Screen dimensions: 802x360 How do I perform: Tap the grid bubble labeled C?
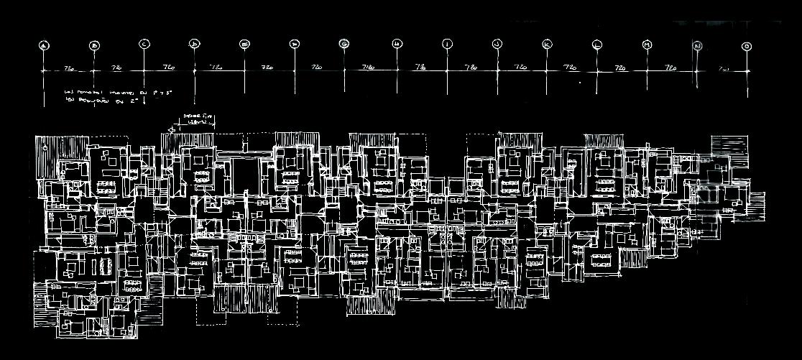tap(144, 45)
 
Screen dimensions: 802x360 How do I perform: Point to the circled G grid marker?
tap(345, 45)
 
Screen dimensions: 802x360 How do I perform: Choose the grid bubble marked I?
tap(447, 45)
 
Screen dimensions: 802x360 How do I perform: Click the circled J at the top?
tap(497, 45)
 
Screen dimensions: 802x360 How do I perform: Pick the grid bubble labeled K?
tap(547, 45)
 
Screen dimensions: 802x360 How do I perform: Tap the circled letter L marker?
tap(597, 45)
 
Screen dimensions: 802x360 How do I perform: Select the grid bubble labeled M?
tap(647, 45)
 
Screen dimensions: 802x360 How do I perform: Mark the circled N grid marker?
tap(697, 46)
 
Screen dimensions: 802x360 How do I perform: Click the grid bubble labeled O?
tap(747, 46)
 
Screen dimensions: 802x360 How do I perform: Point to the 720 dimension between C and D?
tap(169, 68)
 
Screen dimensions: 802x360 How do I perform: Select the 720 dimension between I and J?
tap(471, 68)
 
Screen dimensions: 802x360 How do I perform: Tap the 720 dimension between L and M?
tap(622, 68)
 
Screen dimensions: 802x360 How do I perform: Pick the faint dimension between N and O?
tap(723, 69)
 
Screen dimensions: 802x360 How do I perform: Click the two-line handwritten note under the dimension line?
tap(118, 96)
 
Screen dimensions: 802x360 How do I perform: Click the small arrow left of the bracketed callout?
tap(171, 129)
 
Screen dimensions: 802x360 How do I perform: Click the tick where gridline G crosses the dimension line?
tap(345, 70)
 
